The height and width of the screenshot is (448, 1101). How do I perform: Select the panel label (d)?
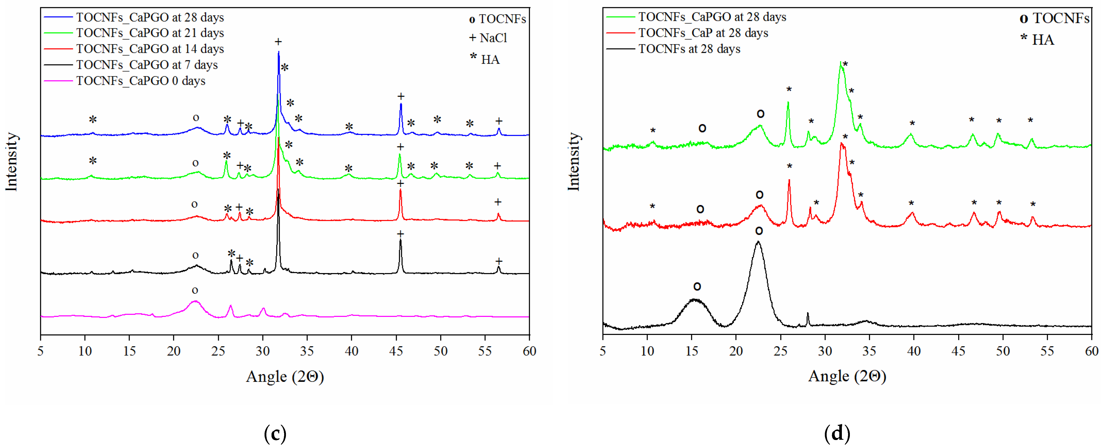click(837, 434)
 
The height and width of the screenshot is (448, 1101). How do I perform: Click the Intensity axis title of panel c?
click(12, 162)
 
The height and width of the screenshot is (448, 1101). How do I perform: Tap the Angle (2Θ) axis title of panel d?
click(847, 376)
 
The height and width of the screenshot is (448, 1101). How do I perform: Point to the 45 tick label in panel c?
click(396, 351)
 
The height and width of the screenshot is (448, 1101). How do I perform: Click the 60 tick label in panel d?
click(1091, 351)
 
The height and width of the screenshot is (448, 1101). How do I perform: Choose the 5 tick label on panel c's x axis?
click(40, 351)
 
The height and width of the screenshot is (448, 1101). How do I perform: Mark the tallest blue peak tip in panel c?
click(279, 52)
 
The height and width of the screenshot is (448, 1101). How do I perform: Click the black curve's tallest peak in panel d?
click(758, 242)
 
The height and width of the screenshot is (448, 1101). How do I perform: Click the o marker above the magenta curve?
click(195, 290)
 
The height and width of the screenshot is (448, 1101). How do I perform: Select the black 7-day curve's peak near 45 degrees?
click(400, 240)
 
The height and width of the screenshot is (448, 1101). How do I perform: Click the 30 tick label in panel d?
click(825, 351)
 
